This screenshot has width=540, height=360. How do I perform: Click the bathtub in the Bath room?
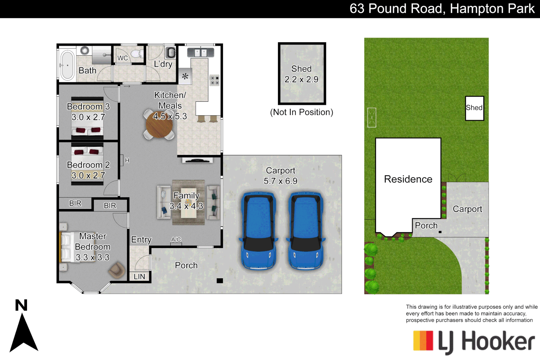click(68, 65)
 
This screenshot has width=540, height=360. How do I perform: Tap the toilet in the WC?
click(136, 54)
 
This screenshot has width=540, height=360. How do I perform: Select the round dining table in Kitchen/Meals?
click(159, 126)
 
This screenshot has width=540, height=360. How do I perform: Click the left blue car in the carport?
click(259, 231)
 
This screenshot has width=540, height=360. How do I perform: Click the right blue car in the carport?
click(306, 231)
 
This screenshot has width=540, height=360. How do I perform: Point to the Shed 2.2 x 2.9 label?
click(301, 74)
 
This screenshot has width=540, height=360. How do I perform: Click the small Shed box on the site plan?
click(474, 108)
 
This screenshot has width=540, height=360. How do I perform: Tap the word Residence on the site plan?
click(408, 179)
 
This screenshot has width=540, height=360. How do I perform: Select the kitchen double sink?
click(200, 53)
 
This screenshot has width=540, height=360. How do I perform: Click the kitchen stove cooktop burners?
click(214, 80)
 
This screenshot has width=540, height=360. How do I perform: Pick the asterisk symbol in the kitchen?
click(185, 76)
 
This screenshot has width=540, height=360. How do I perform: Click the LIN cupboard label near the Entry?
click(139, 277)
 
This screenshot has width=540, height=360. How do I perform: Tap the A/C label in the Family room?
click(176, 240)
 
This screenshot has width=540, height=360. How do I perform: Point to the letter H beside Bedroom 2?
click(127, 161)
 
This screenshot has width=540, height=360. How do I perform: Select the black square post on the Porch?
click(220, 281)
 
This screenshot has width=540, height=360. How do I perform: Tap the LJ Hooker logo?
click(474, 342)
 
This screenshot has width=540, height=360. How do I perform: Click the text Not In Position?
click(301, 112)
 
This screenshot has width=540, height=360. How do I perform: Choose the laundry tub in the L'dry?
click(171, 53)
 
